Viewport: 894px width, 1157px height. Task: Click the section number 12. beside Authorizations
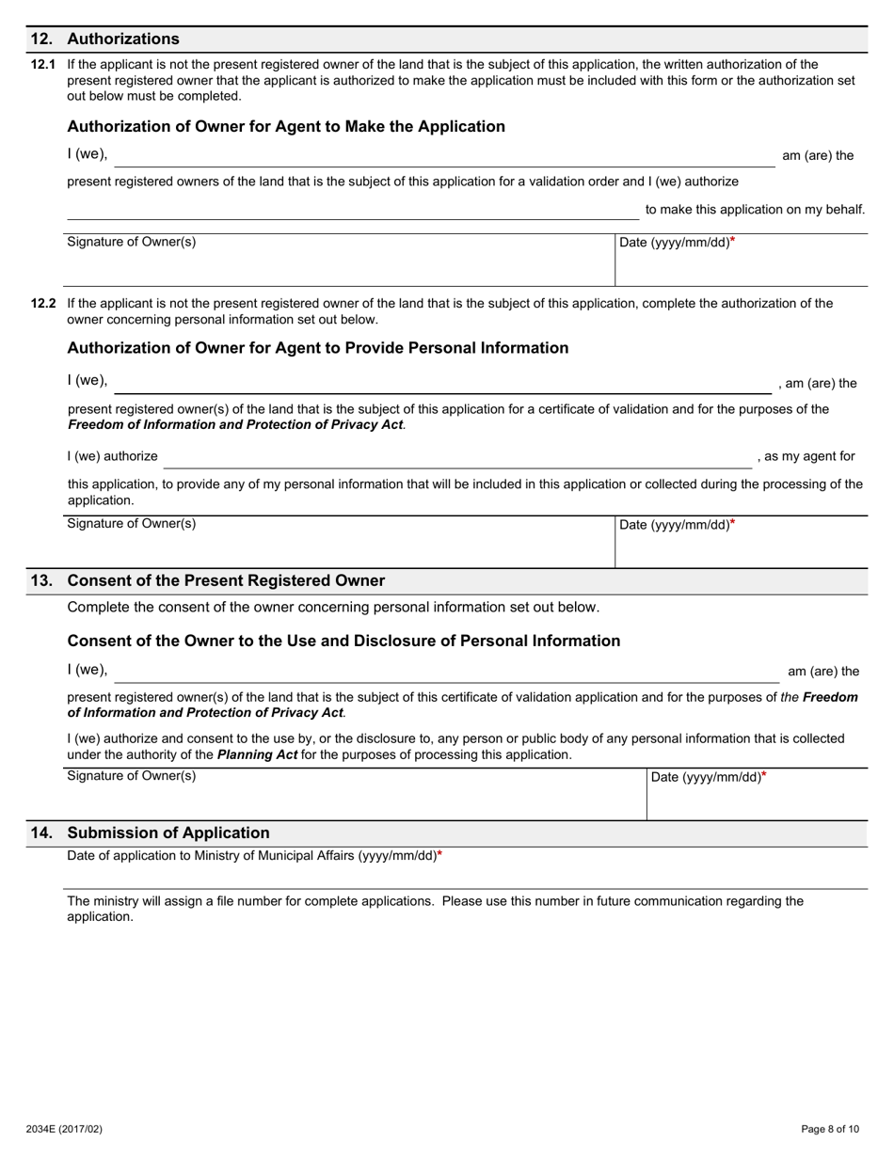(x=41, y=39)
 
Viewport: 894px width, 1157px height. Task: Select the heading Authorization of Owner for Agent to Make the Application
(x=286, y=126)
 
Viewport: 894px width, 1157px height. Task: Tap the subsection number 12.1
(x=43, y=65)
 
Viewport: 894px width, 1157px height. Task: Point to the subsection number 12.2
(x=43, y=304)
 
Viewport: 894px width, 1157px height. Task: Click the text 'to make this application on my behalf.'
(x=755, y=209)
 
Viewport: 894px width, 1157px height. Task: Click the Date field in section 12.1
(x=741, y=263)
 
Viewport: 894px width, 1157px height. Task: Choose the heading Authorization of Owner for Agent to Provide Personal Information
(x=318, y=348)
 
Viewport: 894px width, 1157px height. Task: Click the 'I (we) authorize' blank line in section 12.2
(x=457, y=458)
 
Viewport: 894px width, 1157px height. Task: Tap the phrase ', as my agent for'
(x=806, y=456)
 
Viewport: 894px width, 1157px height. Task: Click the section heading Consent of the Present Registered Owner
(x=226, y=580)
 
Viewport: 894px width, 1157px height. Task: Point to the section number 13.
(x=41, y=580)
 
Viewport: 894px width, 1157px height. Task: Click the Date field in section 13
(x=757, y=798)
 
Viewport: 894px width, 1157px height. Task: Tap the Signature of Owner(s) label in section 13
(x=132, y=776)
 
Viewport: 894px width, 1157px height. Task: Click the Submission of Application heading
(x=168, y=832)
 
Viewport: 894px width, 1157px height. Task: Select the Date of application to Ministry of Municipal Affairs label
(x=252, y=856)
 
